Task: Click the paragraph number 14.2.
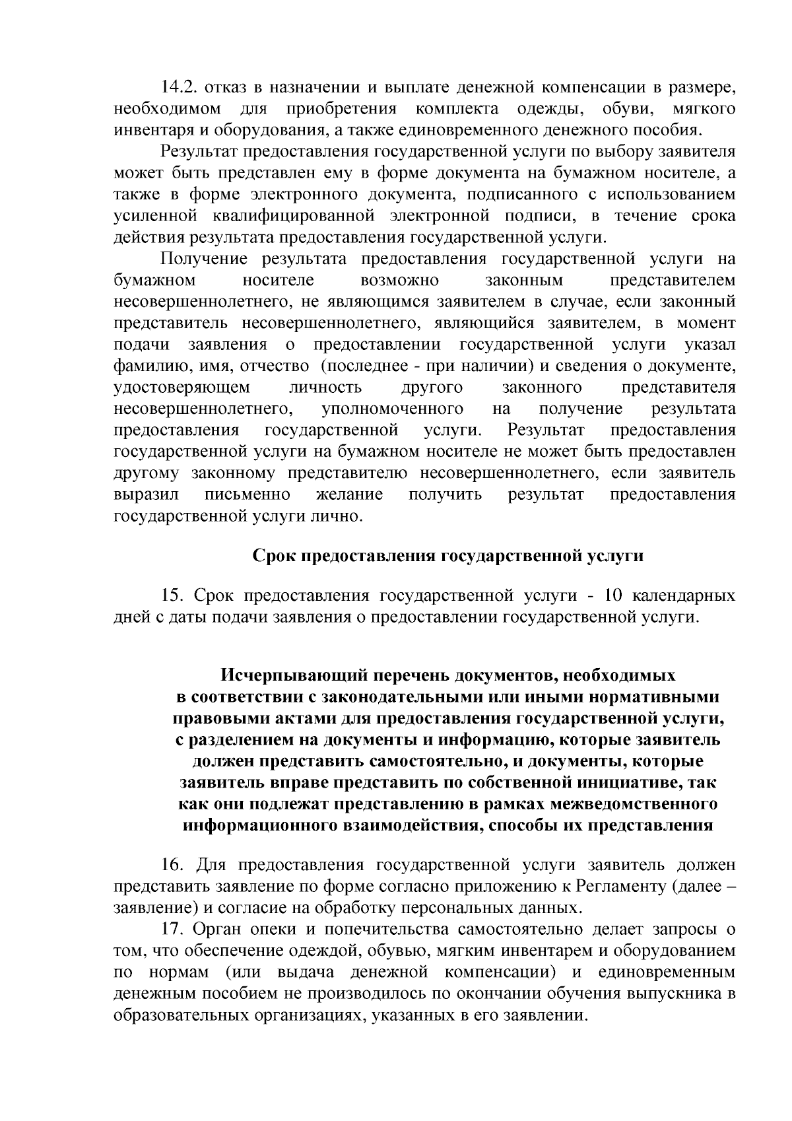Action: pyautogui.click(x=178, y=86)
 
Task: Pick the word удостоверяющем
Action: pyautogui.click(x=182, y=387)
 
